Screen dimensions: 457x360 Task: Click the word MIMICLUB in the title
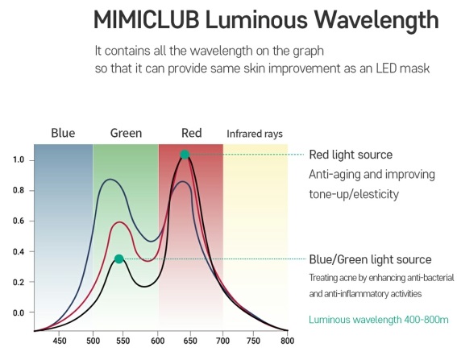pyautogui.click(x=147, y=19)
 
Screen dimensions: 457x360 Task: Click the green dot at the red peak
pyautogui.click(x=185, y=155)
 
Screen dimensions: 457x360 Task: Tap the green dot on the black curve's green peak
pyautogui.click(x=119, y=259)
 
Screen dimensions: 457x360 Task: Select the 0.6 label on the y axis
pyautogui.click(x=18, y=221)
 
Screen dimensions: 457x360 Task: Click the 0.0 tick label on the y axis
pyautogui.click(x=18, y=312)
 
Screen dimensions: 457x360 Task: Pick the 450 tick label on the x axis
pyautogui.click(x=60, y=341)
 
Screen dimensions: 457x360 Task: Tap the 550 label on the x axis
pyautogui.click(x=123, y=341)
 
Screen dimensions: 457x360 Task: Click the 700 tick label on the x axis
pyautogui.click(x=222, y=341)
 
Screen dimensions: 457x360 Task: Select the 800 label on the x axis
pyautogui.click(x=288, y=341)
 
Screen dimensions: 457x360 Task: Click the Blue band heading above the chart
pyautogui.click(x=63, y=133)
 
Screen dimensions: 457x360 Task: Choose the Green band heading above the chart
pyautogui.click(x=126, y=133)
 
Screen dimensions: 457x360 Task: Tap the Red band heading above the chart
pyautogui.click(x=192, y=133)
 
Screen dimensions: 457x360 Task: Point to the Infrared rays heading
pyautogui.click(x=255, y=134)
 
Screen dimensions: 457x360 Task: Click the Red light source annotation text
pyautogui.click(x=351, y=155)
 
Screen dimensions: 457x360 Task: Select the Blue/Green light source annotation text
pyautogui.click(x=370, y=259)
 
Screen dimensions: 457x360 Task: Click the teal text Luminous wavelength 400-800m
pyautogui.click(x=379, y=320)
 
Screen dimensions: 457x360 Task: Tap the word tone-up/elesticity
pyautogui.click(x=354, y=194)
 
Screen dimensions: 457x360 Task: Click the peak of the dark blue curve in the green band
pyautogui.click(x=110, y=179)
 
